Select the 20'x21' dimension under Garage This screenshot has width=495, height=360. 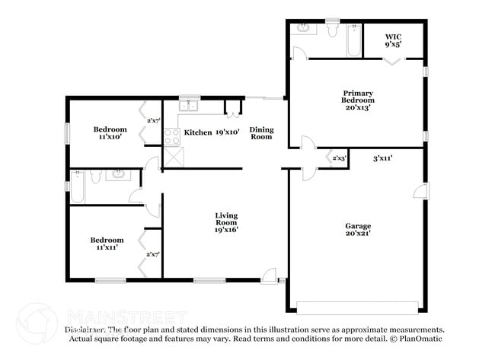click(358, 234)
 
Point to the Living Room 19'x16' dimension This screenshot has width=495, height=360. click(226, 229)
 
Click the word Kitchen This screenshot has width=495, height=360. click(198, 132)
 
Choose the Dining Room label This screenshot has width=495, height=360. click(261, 133)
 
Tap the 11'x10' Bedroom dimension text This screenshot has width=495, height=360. click(110, 138)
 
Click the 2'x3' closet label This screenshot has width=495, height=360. click(340, 158)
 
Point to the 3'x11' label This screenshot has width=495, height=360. click(382, 158)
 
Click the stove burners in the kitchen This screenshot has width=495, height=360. click(172, 136)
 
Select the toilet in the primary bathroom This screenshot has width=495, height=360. click(332, 29)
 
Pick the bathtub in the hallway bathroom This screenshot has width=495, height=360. click(77, 186)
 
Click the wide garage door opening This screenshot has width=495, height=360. click(357, 307)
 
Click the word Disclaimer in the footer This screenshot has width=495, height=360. click(85, 330)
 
